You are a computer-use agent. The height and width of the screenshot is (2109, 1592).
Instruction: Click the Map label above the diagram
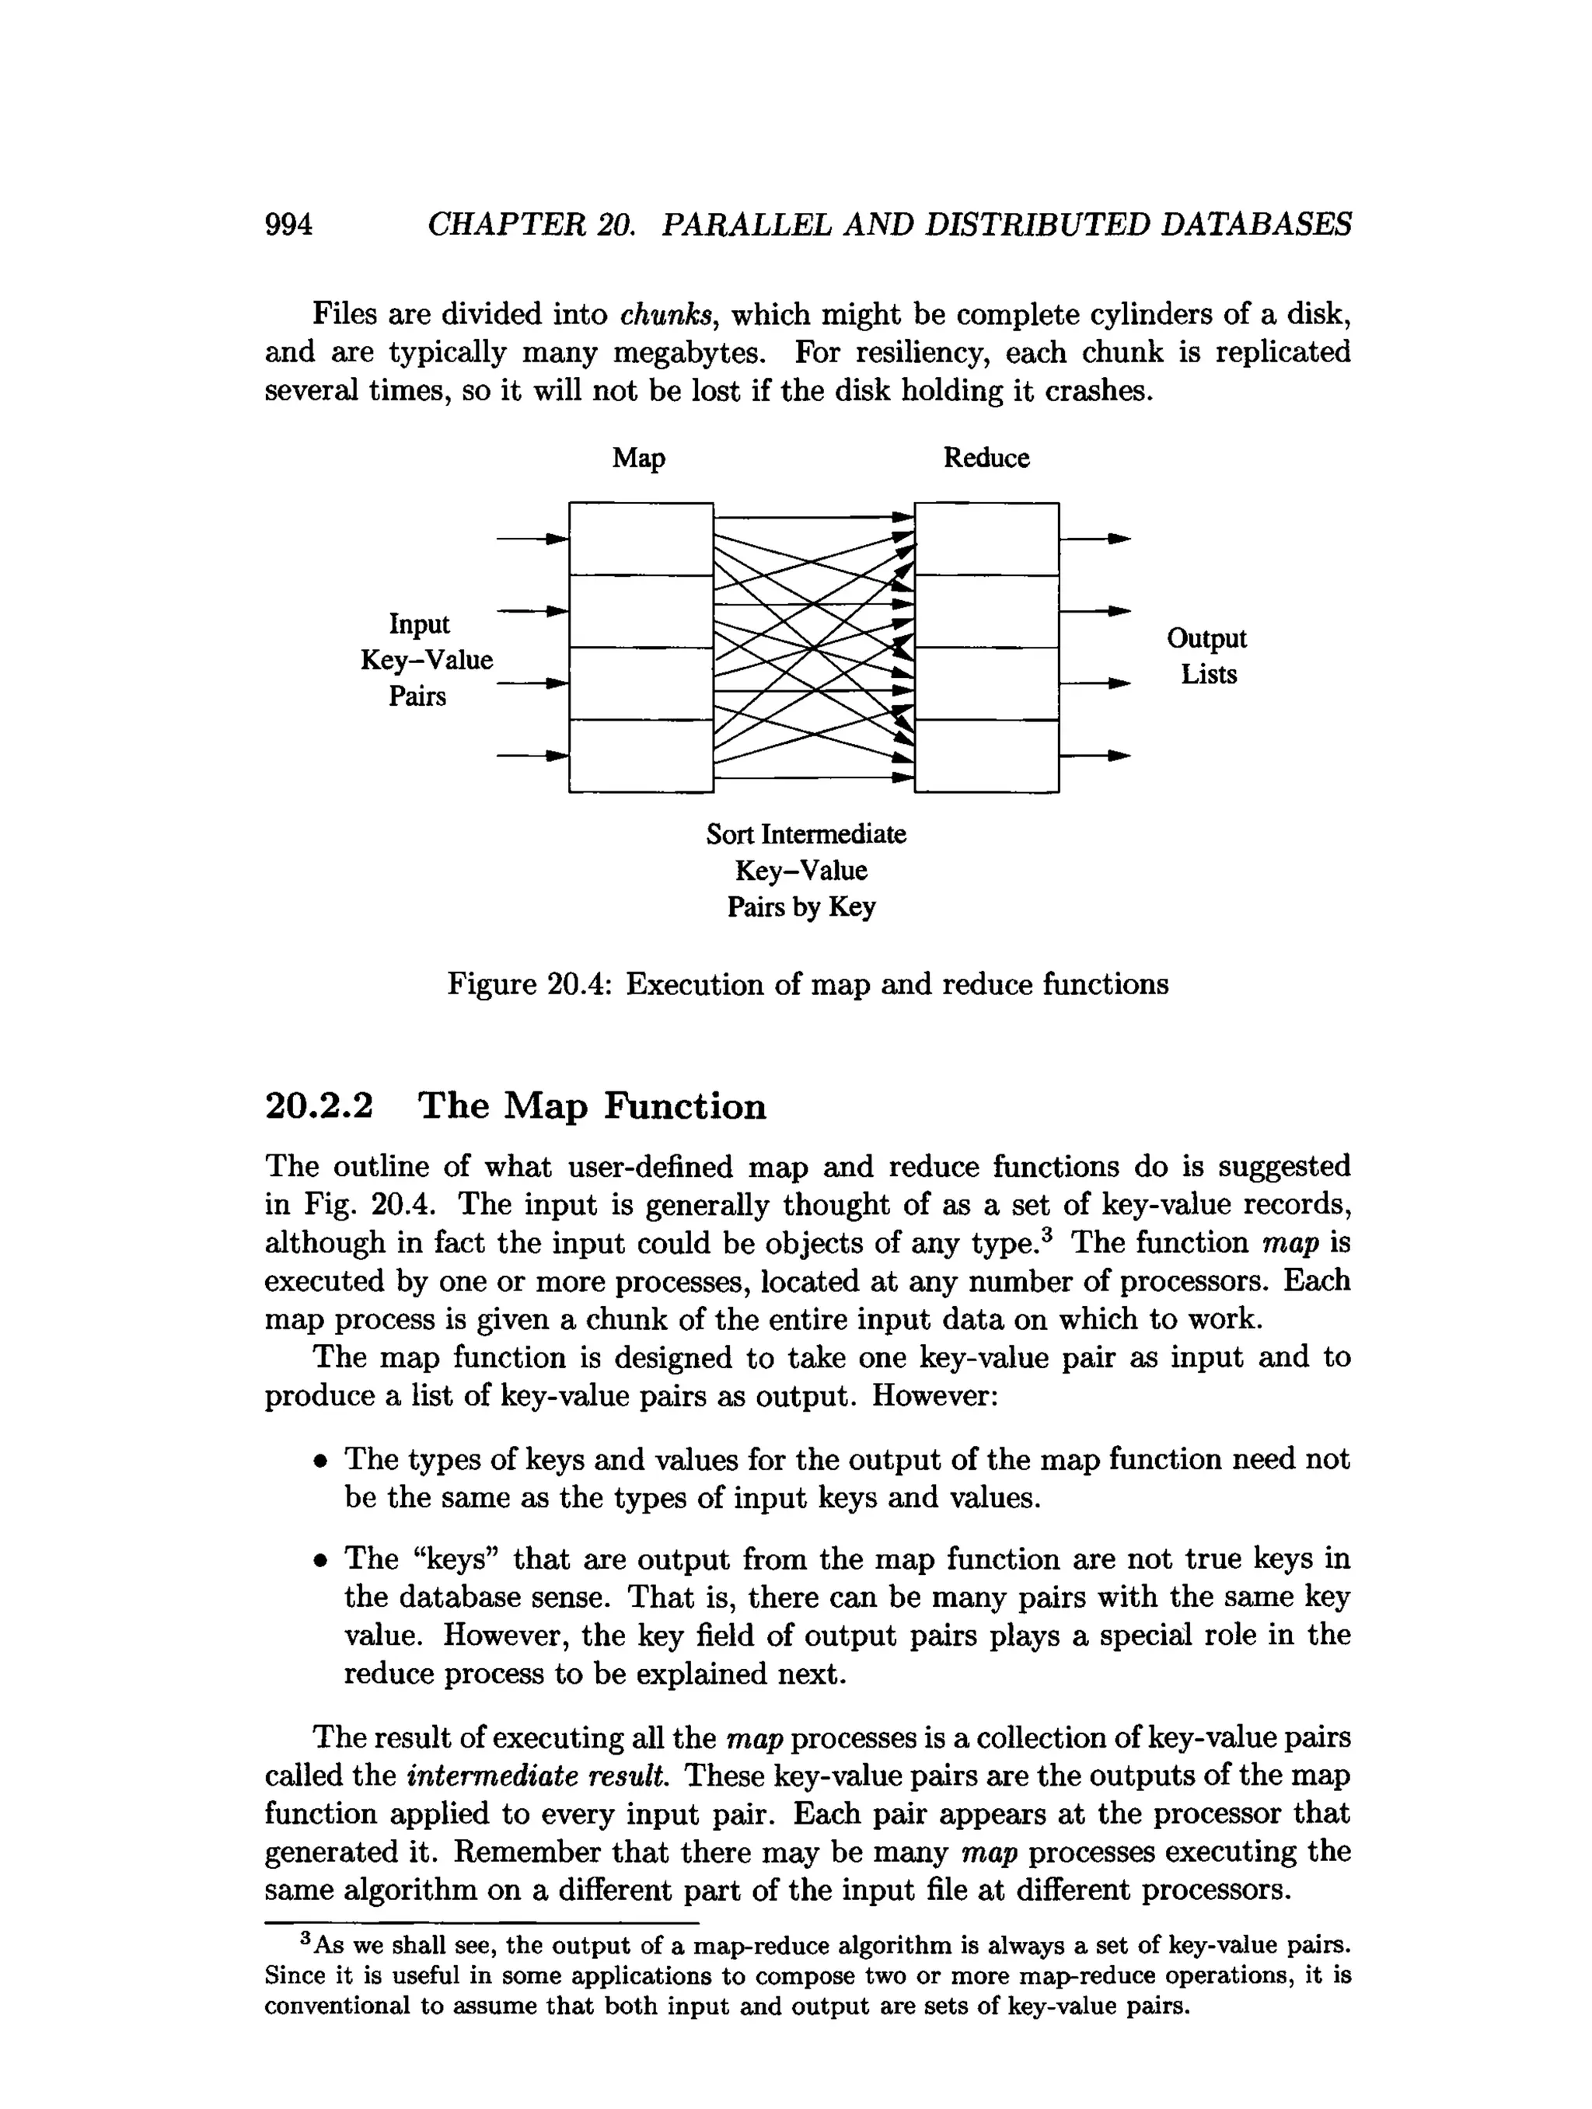click(637, 459)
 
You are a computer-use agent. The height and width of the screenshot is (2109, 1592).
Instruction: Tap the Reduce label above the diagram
click(986, 459)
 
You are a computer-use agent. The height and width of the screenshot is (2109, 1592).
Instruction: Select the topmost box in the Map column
click(641, 539)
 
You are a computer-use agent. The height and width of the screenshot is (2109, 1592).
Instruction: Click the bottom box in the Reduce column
click(986, 756)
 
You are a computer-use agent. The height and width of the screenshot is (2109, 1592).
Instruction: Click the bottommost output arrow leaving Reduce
click(1095, 756)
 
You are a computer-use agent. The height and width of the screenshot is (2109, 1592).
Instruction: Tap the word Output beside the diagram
click(1206, 638)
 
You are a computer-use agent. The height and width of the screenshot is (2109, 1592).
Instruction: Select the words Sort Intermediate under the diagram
click(805, 834)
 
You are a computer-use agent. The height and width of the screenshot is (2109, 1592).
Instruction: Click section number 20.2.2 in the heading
click(319, 1106)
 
